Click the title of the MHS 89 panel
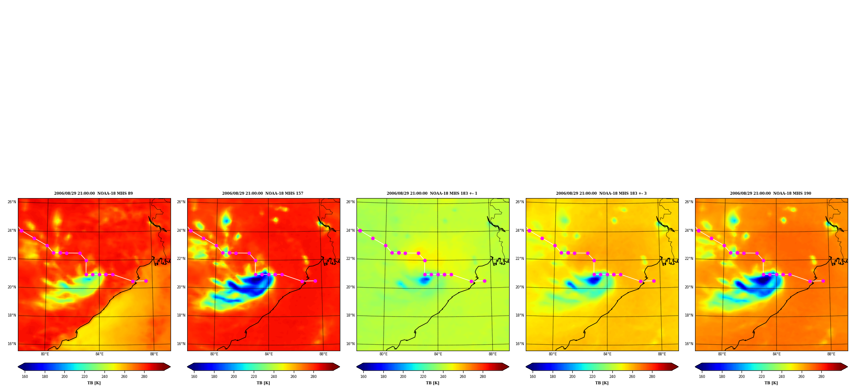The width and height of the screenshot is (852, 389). (93, 193)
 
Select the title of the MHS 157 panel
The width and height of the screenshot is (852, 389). (263, 193)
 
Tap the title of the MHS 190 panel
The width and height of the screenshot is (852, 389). (771, 193)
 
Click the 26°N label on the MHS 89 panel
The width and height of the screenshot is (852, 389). (12, 202)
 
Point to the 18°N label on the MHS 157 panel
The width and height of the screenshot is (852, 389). (181, 315)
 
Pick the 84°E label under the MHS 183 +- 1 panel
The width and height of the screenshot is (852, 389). (438, 354)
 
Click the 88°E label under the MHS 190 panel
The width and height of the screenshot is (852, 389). (831, 354)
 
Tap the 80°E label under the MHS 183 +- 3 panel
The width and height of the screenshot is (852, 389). (553, 354)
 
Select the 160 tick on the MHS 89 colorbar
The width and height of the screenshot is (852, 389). (25, 376)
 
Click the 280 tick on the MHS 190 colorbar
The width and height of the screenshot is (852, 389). (821, 376)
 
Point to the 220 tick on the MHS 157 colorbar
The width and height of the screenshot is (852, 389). (254, 376)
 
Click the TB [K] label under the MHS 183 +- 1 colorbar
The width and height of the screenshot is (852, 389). (432, 383)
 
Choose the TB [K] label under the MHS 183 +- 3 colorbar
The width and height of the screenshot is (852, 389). (602, 383)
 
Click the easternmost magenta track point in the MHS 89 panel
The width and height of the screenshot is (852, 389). (146, 281)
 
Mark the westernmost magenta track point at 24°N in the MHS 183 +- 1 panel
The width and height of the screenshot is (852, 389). (360, 231)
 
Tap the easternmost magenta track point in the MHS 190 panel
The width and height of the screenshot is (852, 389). (823, 281)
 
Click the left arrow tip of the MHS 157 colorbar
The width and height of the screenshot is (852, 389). (187, 367)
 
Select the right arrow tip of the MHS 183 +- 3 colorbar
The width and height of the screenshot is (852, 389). (678, 367)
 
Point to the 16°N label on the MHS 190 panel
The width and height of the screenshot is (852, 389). (689, 344)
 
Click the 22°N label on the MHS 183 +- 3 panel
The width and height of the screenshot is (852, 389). (520, 259)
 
